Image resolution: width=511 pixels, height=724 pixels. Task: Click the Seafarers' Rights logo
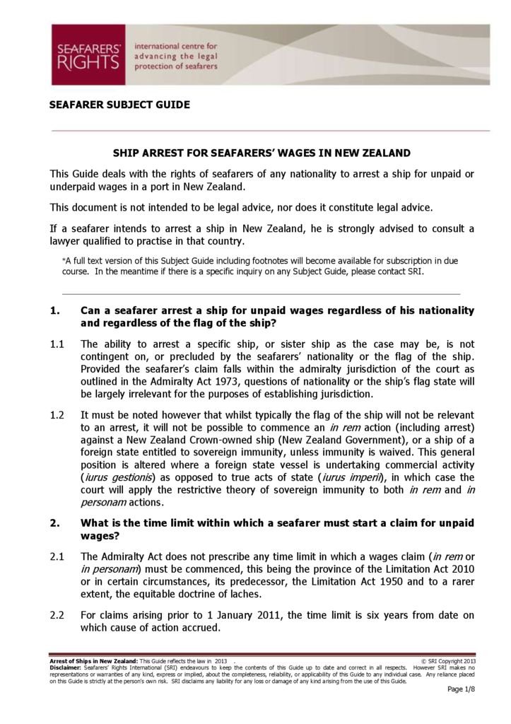click(x=88, y=54)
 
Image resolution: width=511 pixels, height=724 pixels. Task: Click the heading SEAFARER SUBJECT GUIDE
click(x=119, y=105)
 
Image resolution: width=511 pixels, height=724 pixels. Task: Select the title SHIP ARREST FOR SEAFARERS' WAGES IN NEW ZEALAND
click(x=262, y=153)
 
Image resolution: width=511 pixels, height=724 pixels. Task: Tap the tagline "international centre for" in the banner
click(x=175, y=46)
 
